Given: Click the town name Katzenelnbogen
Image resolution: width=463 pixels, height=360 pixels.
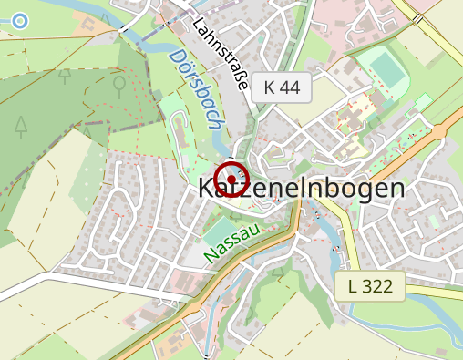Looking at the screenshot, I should (x=301, y=189).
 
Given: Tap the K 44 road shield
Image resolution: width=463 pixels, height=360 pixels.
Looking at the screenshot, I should (x=282, y=87).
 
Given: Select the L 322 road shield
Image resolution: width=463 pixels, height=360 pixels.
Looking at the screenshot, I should (x=369, y=286).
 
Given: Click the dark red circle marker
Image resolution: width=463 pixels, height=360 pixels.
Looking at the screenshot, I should (x=231, y=179).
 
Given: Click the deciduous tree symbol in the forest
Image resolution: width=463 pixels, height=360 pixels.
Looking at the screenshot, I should (x=118, y=85).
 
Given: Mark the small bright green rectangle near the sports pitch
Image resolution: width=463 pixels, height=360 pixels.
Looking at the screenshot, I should (x=422, y=100).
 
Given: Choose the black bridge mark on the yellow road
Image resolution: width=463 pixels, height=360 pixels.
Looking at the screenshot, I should (x=416, y=17).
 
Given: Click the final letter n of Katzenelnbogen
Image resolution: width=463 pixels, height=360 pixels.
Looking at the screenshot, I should (x=395, y=190).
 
